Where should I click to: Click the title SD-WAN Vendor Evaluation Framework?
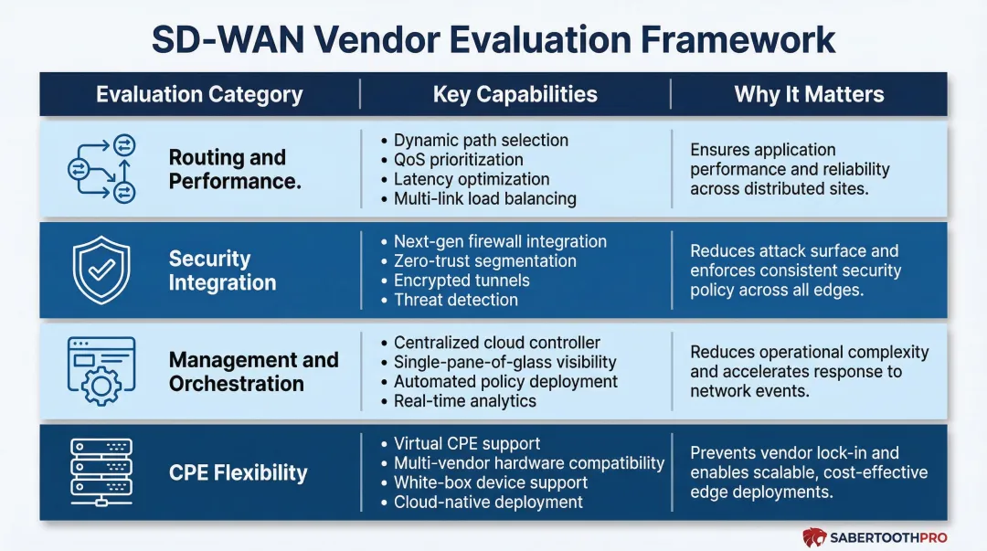click(x=493, y=39)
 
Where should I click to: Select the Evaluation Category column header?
click(x=199, y=94)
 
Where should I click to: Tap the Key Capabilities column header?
click(x=515, y=94)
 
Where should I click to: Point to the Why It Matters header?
click(x=809, y=94)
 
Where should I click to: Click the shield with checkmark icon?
click(x=101, y=270)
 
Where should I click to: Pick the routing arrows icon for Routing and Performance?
click(x=101, y=169)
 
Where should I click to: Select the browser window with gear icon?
click(x=101, y=371)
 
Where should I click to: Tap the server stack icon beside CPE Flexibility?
click(x=101, y=472)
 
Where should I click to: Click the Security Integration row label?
click(x=222, y=270)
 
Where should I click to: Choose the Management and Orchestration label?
click(x=253, y=371)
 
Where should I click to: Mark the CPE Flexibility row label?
click(x=238, y=472)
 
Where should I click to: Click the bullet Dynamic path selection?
click(x=480, y=140)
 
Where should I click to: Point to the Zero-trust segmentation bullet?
click(x=484, y=261)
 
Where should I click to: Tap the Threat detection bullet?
click(x=455, y=300)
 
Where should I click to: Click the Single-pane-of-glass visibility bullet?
click(x=504, y=362)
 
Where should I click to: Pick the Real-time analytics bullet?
click(x=464, y=400)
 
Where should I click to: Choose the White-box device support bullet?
click(x=490, y=482)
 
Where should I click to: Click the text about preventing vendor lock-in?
click(x=808, y=472)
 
